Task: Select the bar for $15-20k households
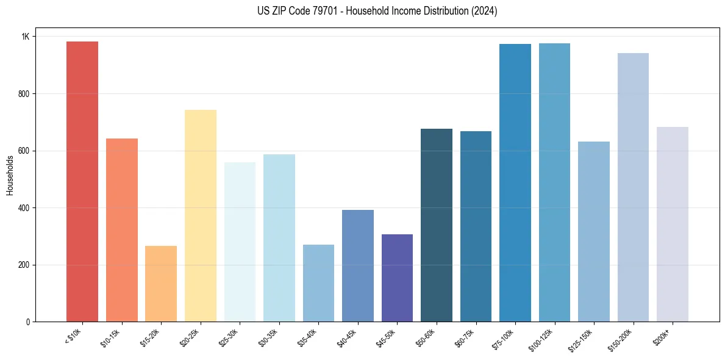[x=161, y=284]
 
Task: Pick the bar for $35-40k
[x=318, y=283]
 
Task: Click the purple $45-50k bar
[x=397, y=278]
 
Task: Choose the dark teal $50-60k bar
[x=437, y=225]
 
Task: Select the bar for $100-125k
[x=554, y=182]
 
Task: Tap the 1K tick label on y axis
[x=25, y=37]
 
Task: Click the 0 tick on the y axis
[x=27, y=322]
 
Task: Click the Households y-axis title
[x=10, y=175]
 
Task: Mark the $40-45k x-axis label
[x=347, y=337]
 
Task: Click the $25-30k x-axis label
[x=229, y=337]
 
